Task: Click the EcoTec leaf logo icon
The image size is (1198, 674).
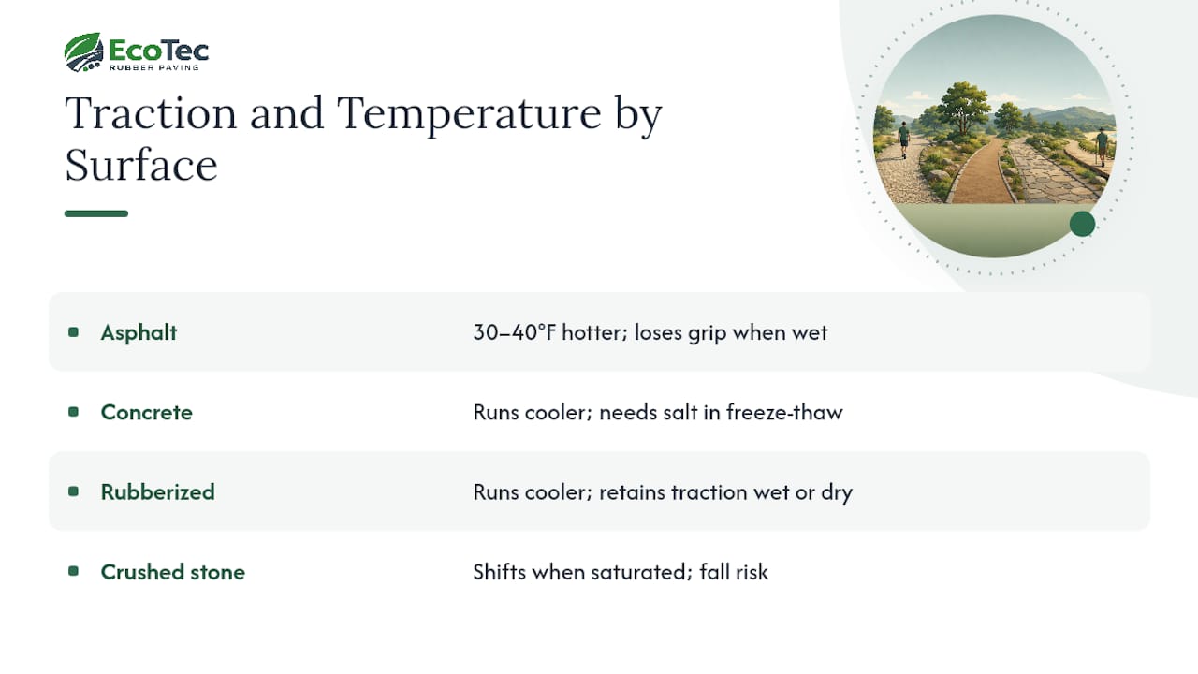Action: [83, 51]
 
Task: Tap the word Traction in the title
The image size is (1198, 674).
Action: [151, 113]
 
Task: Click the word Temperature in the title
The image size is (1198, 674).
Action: [469, 114]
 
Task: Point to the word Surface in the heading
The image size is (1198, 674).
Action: [141, 165]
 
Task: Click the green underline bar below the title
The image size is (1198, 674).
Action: [96, 213]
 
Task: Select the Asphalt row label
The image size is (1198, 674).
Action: [139, 332]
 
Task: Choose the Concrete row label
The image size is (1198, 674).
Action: [147, 413]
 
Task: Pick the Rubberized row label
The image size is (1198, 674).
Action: [158, 492]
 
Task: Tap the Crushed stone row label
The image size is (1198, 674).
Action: [173, 572]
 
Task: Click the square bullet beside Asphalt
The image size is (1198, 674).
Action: [74, 332]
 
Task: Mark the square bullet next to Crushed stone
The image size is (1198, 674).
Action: [74, 571]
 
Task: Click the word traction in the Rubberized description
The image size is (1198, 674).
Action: [709, 492]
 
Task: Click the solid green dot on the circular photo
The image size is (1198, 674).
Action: [1083, 224]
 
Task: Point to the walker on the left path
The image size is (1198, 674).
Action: [904, 139]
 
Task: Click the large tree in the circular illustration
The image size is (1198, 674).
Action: [964, 108]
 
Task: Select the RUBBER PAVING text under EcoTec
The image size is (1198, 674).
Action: [154, 67]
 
